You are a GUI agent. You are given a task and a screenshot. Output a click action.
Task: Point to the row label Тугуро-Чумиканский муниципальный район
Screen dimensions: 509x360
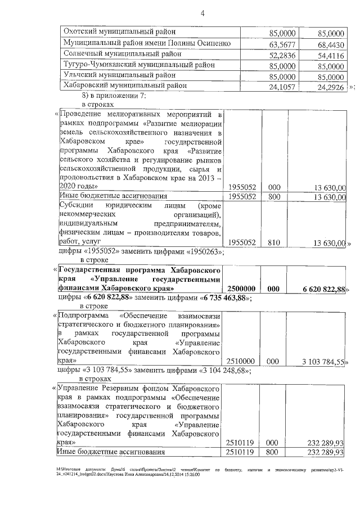pyautogui.click(x=138, y=65)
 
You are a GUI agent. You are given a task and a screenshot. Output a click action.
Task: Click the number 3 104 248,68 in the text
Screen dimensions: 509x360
pyautogui.click(x=220, y=370)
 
